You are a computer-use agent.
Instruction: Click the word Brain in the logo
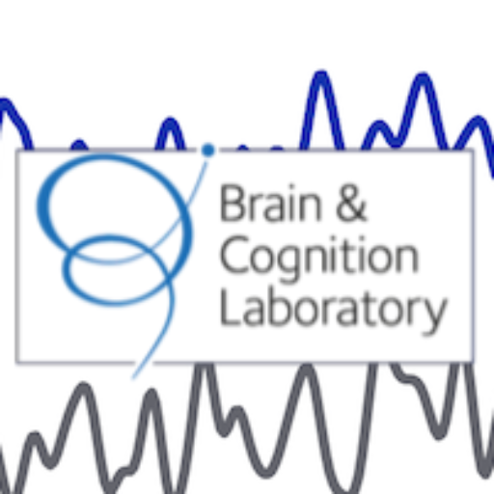tap(271, 203)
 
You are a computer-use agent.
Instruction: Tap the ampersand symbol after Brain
tap(351, 203)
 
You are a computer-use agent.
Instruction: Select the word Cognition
tap(319, 258)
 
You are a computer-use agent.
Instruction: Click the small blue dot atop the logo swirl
tap(208, 151)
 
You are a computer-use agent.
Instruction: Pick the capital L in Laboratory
tap(229, 307)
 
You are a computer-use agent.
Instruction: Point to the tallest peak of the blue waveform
tap(321, 74)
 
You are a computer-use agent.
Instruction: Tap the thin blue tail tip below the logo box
tap(133, 377)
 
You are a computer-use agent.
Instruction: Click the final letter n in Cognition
tap(406, 260)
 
